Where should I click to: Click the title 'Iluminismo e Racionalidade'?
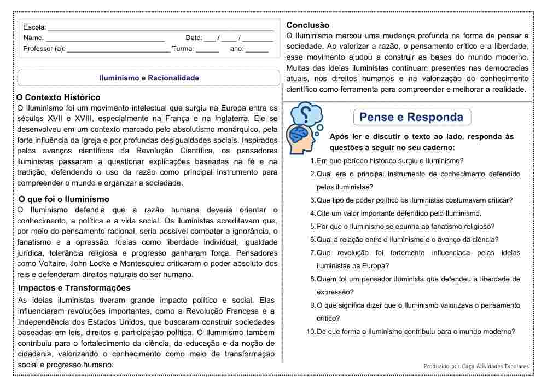coord(149,78)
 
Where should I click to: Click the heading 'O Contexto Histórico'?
coord(59,97)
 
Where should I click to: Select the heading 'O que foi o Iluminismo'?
coord(63,199)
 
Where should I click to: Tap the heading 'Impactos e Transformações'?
coord(74,288)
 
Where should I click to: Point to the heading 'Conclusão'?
coord(308,25)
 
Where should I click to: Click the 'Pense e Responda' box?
coord(411,117)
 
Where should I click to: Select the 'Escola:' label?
coord(35,27)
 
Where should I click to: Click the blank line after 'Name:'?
coord(105,38)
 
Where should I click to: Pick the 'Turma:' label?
coord(183,49)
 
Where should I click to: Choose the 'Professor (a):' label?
coord(44,49)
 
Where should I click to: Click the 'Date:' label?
coord(194,38)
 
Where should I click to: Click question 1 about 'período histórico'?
coord(389,161)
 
